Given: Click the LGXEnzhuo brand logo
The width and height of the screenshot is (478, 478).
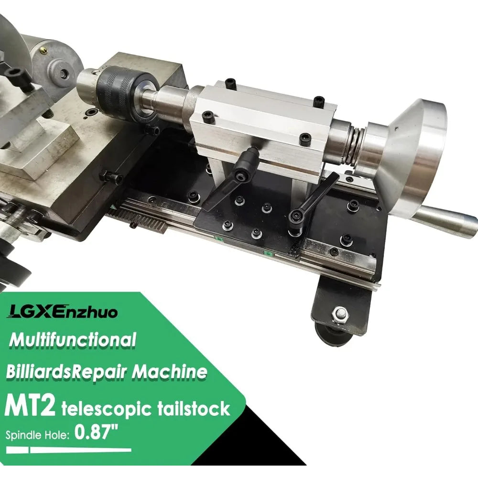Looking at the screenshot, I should coord(63,313).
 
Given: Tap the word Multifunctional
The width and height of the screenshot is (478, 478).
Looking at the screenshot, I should coord(72,340).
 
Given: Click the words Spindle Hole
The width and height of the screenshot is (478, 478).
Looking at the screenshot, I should coord(38,435).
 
